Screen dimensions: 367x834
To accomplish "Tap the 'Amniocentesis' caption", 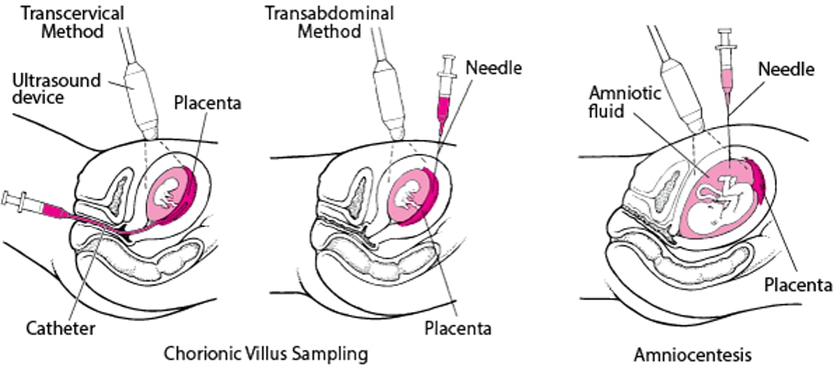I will [692, 354].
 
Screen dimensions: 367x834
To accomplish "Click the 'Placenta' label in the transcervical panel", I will [207, 104].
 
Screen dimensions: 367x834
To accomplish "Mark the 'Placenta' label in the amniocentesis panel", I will [797, 285].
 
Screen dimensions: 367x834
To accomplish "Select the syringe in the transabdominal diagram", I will [443, 97].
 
